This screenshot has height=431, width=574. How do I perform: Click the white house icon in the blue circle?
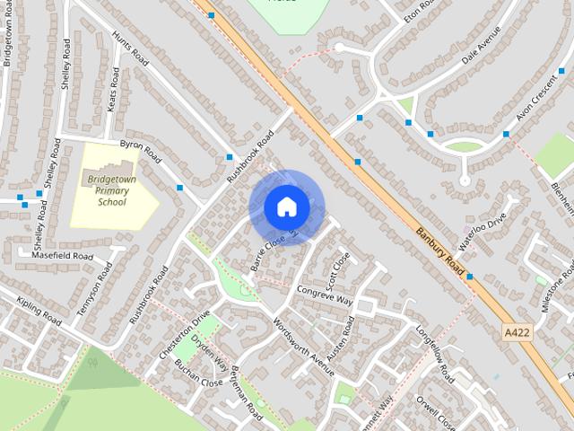click(286, 207)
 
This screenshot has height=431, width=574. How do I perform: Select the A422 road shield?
click(516, 332)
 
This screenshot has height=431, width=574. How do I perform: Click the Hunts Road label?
click(129, 49)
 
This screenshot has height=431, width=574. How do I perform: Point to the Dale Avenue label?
click(481, 53)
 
